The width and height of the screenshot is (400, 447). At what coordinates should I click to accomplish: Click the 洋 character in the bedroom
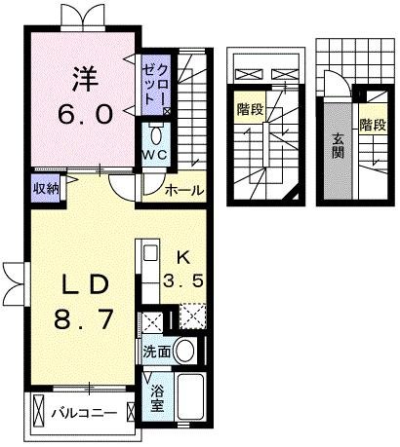tap(83, 75)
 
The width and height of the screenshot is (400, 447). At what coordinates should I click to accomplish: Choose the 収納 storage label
tap(45, 188)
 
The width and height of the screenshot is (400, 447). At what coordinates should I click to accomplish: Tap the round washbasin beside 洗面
tap(185, 351)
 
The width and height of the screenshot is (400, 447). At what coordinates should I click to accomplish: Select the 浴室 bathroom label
tap(157, 399)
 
